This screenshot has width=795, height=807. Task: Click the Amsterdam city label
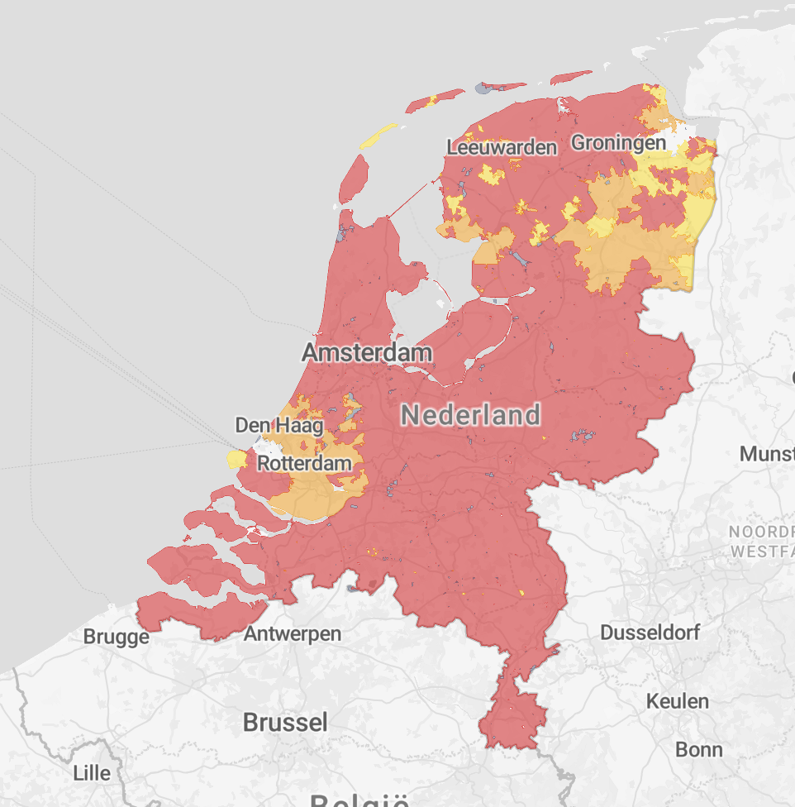pos(366,353)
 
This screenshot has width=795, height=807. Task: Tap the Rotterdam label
pos(304,463)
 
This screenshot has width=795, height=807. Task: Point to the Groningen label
pos(618,142)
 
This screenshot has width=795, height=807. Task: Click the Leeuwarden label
pos(502,147)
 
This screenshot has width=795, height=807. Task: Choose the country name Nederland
pos(471,415)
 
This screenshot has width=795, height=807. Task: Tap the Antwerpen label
pos(293,634)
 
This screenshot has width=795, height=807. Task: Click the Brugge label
pos(117,637)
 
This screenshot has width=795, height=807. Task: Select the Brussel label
pos(285,722)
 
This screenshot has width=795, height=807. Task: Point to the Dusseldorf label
pos(650,633)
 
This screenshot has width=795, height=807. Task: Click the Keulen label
pos(678,701)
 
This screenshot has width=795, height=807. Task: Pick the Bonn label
pos(698,750)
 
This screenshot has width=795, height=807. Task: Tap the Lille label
pos(92,773)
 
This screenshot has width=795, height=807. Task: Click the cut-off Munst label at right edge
pos(766,453)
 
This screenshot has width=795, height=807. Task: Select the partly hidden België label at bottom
pos(359,800)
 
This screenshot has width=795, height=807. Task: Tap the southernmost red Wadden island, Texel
pos(354,177)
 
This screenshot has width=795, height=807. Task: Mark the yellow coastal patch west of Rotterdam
pos(237,458)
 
